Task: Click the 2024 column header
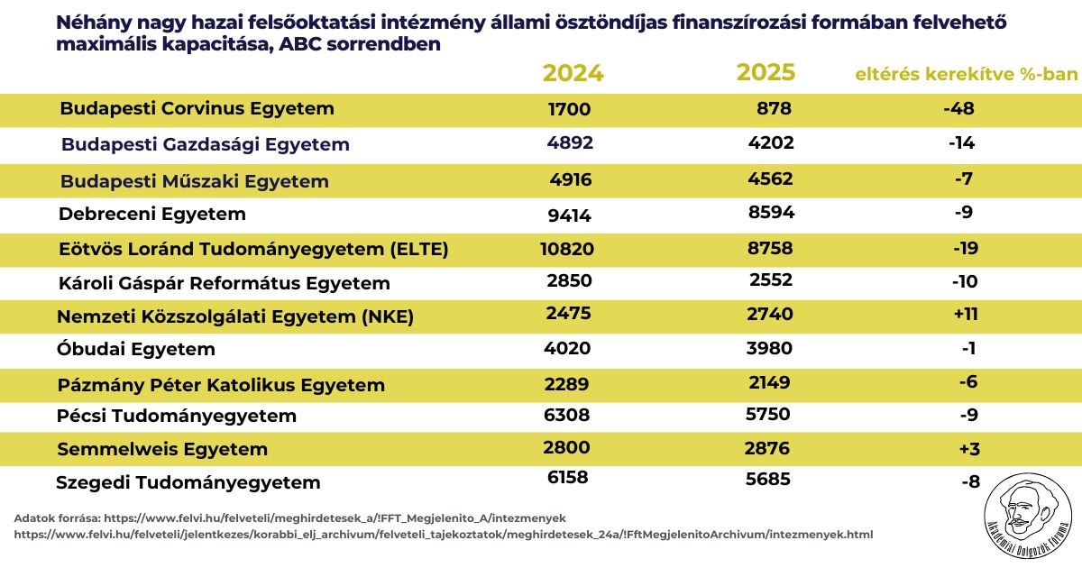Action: (x=573, y=73)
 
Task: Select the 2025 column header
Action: (x=766, y=72)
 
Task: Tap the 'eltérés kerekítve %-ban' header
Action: (x=966, y=74)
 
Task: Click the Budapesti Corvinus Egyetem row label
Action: (x=197, y=109)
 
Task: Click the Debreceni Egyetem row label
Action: (x=151, y=215)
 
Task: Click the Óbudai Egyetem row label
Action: (x=136, y=349)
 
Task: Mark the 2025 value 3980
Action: (x=769, y=349)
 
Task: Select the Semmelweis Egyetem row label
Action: (x=162, y=449)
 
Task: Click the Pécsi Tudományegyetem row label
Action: (x=176, y=417)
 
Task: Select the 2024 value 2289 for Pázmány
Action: (x=566, y=384)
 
